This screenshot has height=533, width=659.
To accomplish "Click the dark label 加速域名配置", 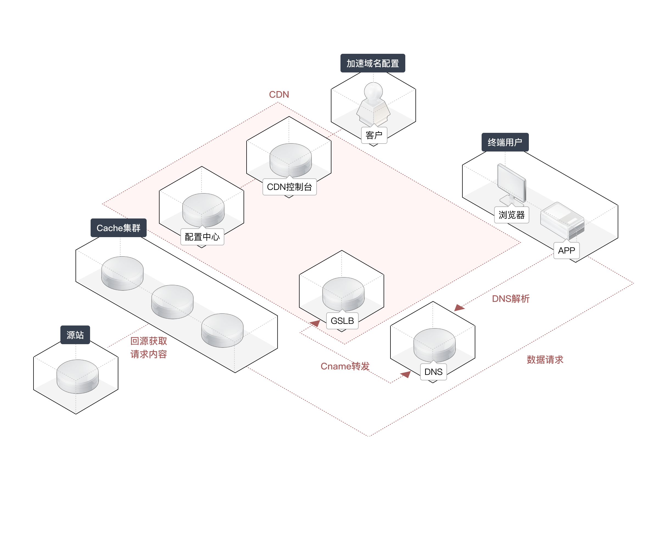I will click(373, 63).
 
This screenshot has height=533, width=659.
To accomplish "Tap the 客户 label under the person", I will click(374, 135).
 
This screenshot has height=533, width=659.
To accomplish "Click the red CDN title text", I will click(279, 94).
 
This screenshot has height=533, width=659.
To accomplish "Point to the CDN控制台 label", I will click(289, 187).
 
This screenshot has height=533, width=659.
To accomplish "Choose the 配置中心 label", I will click(202, 237).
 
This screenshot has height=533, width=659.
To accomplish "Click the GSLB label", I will click(342, 321).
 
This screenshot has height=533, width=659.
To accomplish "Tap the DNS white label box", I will click(433, 372).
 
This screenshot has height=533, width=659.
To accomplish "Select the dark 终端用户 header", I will click(505, 142).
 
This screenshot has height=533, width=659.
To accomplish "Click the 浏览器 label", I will click(511, 215).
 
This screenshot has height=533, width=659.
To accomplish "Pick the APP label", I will click(566, 251).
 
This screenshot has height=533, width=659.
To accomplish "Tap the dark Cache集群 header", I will click(118, 228).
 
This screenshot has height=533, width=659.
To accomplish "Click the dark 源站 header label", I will click(75, 335).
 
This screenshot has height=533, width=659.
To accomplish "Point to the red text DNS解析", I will click(511, 298).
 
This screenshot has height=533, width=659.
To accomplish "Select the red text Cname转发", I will click(345, 366).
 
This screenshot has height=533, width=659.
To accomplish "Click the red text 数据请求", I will click(545, 360).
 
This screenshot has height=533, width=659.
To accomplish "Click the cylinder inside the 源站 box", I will click(77, 376).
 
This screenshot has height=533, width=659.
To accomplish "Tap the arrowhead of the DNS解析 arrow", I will click(459, 308).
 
